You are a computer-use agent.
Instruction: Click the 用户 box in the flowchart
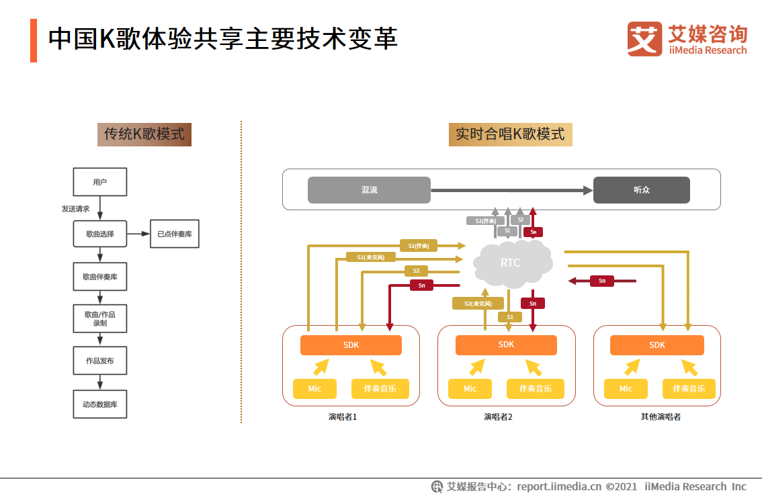(99, 182)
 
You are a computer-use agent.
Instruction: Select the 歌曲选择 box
(99, 234)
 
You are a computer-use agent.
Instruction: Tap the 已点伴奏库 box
(175, 234)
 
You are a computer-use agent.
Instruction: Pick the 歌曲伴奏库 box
(99, 276)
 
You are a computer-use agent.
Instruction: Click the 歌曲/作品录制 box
(99, 318)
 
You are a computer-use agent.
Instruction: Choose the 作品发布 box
(99, 361)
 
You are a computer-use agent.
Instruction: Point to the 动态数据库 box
(99, 404)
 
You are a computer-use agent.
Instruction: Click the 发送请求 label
(76, 209)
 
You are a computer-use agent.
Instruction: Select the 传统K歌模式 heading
(144, 134)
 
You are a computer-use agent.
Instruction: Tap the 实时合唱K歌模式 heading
(510, 134)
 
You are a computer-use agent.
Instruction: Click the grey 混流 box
(369, 190)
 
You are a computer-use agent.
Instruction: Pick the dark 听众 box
(641, 190)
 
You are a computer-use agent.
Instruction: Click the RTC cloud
(511, 263)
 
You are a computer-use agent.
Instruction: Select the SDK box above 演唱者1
(351, 345)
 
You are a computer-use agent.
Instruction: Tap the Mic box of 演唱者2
(470, 389)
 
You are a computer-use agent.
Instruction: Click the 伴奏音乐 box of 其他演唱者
(689, 389)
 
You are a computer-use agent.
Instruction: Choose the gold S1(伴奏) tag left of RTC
(418, 246)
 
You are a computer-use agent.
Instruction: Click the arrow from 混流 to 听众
(511, 191)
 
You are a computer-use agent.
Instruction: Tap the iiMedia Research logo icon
(644, 38)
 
